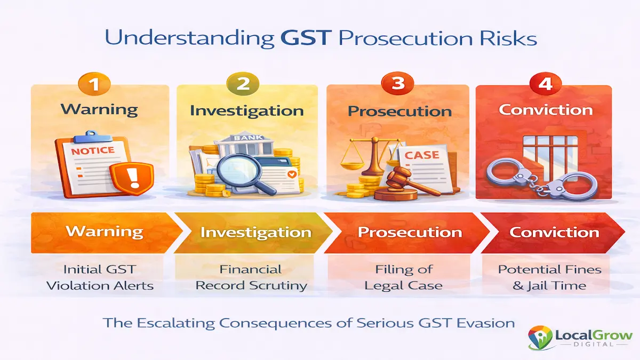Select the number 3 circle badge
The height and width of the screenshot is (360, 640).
point(398,85)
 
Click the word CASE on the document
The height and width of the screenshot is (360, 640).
point(422,155)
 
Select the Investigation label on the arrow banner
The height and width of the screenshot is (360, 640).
point(255,233)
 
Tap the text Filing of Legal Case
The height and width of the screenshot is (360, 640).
point(403,277)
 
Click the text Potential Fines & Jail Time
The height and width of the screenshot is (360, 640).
point(549,277)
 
